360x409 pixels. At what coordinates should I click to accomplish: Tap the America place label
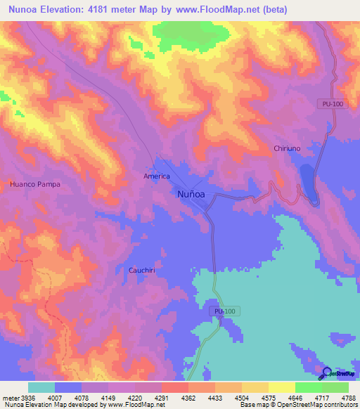157,176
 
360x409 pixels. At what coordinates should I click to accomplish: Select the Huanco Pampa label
35,184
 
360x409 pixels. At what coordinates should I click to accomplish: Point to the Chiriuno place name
287,148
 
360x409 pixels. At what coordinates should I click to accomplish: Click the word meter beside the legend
9,397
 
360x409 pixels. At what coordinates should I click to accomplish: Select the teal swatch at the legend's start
41,387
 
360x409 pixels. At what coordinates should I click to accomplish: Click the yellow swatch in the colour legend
281,387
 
